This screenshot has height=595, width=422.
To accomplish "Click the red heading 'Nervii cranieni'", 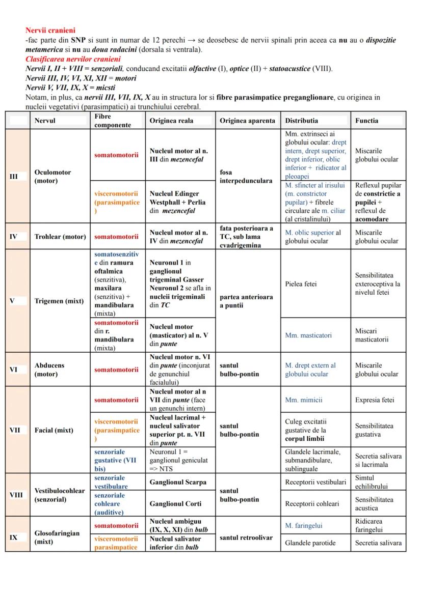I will click(50, 31).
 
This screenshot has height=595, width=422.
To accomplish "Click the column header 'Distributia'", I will click(302, 121).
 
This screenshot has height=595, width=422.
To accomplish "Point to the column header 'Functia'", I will click(367, 121).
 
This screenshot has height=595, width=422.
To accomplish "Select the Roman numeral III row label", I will click(14, 176).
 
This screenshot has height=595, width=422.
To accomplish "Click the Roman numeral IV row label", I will click(14, 237).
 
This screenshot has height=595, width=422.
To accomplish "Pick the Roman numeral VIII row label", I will click(16, 494).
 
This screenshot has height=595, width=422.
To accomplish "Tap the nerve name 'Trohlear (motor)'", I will click(60, 237).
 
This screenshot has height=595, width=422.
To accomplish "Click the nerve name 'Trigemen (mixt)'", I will click(59, 301).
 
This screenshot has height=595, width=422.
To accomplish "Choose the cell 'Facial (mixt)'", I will click(54, 430).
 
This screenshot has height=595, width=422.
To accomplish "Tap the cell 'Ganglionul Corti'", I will click(175, 503).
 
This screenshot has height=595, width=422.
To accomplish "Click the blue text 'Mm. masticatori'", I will click(308, 335).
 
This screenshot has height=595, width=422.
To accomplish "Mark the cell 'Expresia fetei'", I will click(375, 400).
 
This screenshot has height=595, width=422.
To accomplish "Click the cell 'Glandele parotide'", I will click(310, 543).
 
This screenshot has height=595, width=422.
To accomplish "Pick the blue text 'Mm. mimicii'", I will click(304, 400).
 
